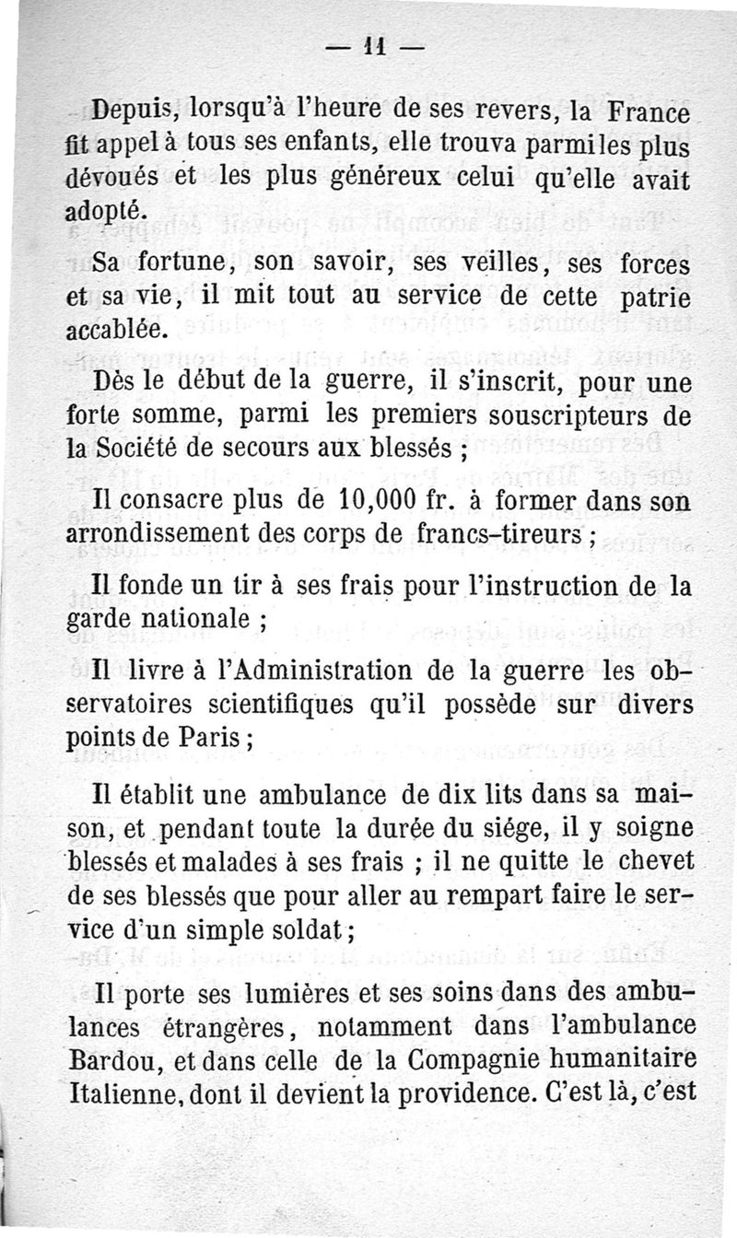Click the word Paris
pos(216,739)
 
